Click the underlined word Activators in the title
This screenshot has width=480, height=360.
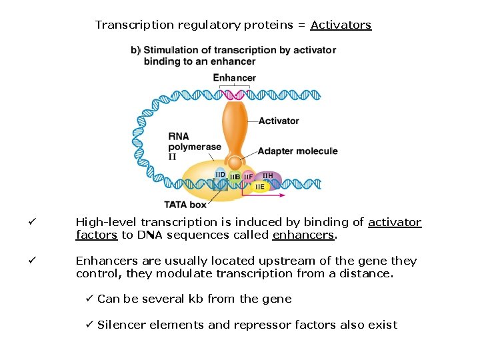(341, 25)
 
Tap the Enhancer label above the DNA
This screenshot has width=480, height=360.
(234, 78)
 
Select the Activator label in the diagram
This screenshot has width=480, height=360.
(279, 121)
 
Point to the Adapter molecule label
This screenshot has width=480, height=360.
(297, 151)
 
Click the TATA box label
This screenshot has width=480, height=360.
(185, 204)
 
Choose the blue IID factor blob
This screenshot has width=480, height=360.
(220, 176)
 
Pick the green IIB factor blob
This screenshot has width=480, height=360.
(235, 177)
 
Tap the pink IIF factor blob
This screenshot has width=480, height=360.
(248, 177)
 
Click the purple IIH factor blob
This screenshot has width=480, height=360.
(269, 177)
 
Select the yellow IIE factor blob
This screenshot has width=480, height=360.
(260, 187)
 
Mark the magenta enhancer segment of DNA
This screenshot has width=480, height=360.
(234, 94)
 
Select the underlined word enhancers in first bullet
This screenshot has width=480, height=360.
(303, 235)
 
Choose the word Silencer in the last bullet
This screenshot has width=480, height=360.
(121, 325)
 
